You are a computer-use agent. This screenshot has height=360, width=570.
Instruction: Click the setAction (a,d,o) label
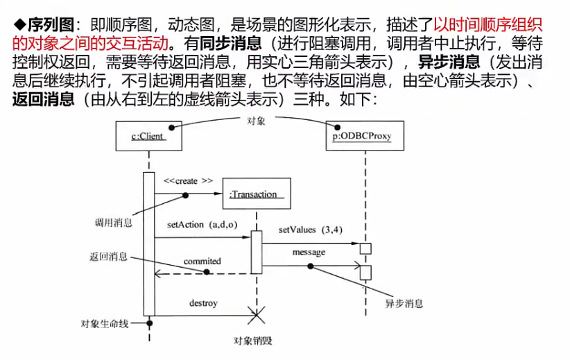[202, 225]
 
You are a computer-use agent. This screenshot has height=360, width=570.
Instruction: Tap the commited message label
[202, 262]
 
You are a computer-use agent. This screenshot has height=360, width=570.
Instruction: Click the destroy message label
[203, 303]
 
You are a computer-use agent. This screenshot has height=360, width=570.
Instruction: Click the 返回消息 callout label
[108, 256]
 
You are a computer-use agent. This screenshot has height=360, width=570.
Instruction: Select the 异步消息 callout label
[404, 304]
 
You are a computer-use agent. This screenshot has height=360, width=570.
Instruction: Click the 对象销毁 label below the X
[253, 341]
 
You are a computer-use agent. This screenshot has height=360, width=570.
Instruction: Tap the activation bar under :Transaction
[257, 252]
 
